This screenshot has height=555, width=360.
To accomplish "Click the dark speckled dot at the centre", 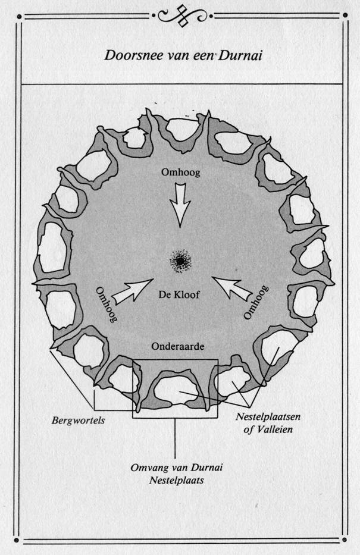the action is point(180,261).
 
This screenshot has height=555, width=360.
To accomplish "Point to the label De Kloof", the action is point(179,294).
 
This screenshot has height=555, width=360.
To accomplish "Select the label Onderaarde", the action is point(178,346).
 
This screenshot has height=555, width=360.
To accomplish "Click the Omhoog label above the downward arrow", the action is point(180,173).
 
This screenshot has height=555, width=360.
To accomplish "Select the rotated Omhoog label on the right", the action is point(256,302).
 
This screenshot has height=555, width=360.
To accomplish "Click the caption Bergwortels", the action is point(78,421).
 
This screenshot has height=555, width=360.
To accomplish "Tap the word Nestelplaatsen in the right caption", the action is point(268,416).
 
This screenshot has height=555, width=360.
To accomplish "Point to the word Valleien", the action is point(275,429).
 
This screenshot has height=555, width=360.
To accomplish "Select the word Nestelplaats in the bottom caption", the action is point(176,481).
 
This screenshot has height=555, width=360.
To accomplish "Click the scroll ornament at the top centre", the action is point(182,15).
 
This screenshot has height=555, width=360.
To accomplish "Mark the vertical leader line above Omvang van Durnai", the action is point(176,438).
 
